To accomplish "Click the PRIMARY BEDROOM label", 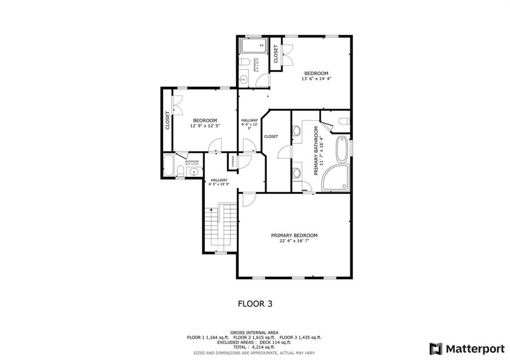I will click(x=294, y=236).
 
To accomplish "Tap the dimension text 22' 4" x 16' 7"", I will click(x=294, y=241).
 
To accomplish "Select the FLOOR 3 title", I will click(x=255, y=303).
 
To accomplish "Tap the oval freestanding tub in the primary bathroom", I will click(x=342, y=149).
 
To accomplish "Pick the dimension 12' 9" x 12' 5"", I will click(x=205, y=126).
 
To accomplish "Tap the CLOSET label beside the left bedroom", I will click(x=168, y=120).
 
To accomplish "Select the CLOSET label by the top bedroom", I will click(x=275, y=54).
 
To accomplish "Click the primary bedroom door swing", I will click(x=248, y=199).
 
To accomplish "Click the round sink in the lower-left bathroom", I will click(x=194, y=172).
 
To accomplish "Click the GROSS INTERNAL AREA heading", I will click(x=255, y=332).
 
